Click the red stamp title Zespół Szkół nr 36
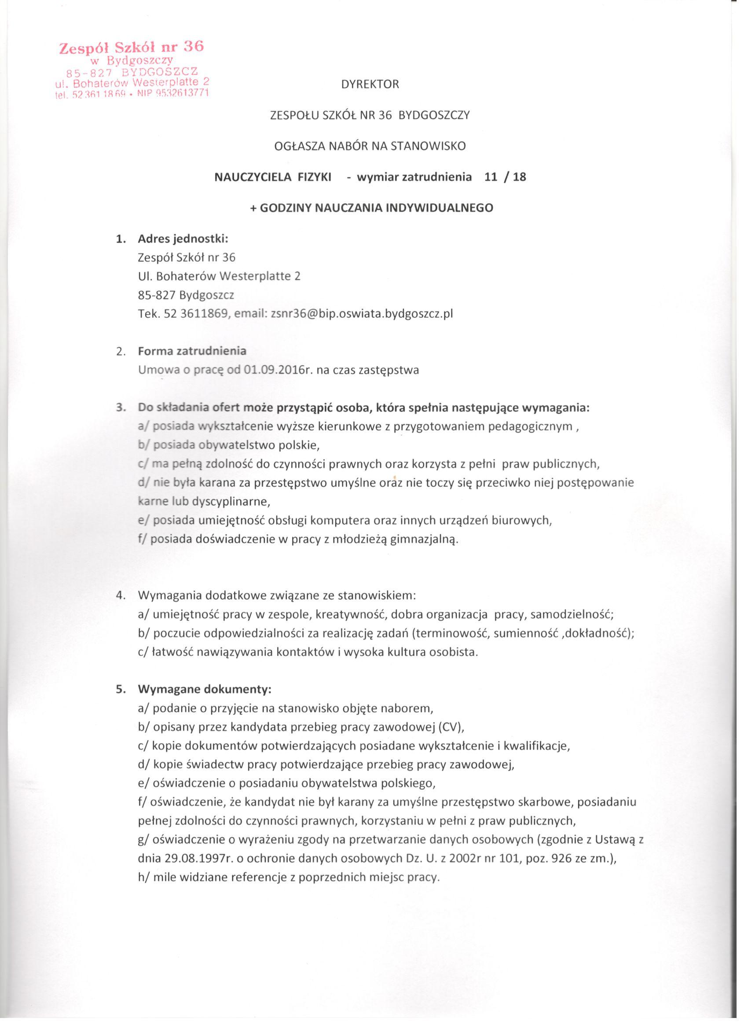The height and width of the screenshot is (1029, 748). pyautogui.click(x=132, y=47)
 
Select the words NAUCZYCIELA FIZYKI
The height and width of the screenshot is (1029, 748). pyautogui.click(x=273, y=177)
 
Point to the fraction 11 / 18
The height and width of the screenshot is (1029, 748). pyautogui.click(x=505, y=177)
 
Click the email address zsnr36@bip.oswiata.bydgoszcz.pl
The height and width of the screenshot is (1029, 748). pyautogui.click(x=362, y=313)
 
